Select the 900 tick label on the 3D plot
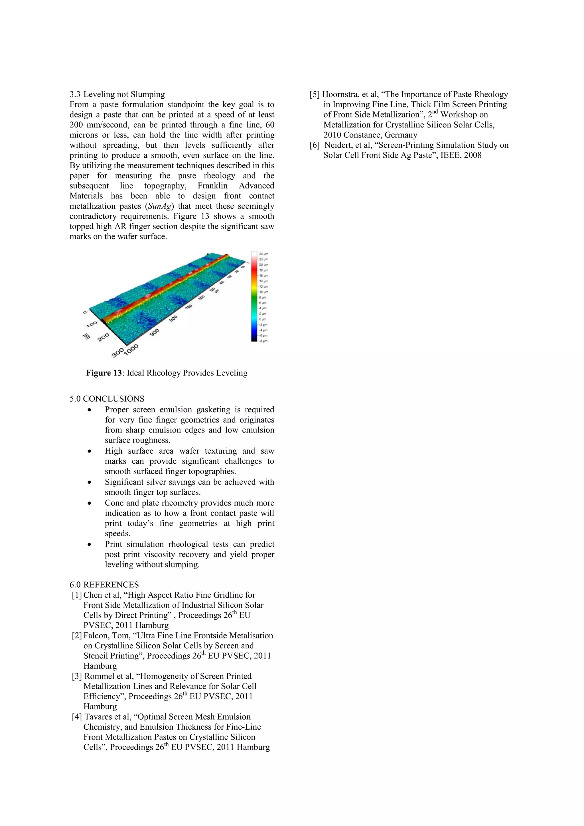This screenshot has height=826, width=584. [155, 332]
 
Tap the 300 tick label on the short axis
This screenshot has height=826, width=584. [117, 352]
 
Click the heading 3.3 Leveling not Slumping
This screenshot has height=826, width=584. [117, 95]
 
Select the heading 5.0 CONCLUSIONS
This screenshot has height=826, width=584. [107, 399]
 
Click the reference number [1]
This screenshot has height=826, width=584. [77, 595]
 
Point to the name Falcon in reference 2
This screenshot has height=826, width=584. [95, 636]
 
